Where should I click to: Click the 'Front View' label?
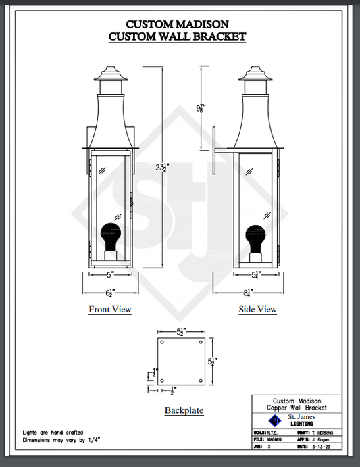pos(110,310)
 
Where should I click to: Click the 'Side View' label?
pos(257,310)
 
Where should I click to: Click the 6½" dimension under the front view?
pos(110,292)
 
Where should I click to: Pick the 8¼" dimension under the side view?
pos(248,292)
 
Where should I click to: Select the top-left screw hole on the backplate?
pos(163,343)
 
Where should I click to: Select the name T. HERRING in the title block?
pos(328,433)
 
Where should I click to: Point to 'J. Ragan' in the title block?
pos(326,440)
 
